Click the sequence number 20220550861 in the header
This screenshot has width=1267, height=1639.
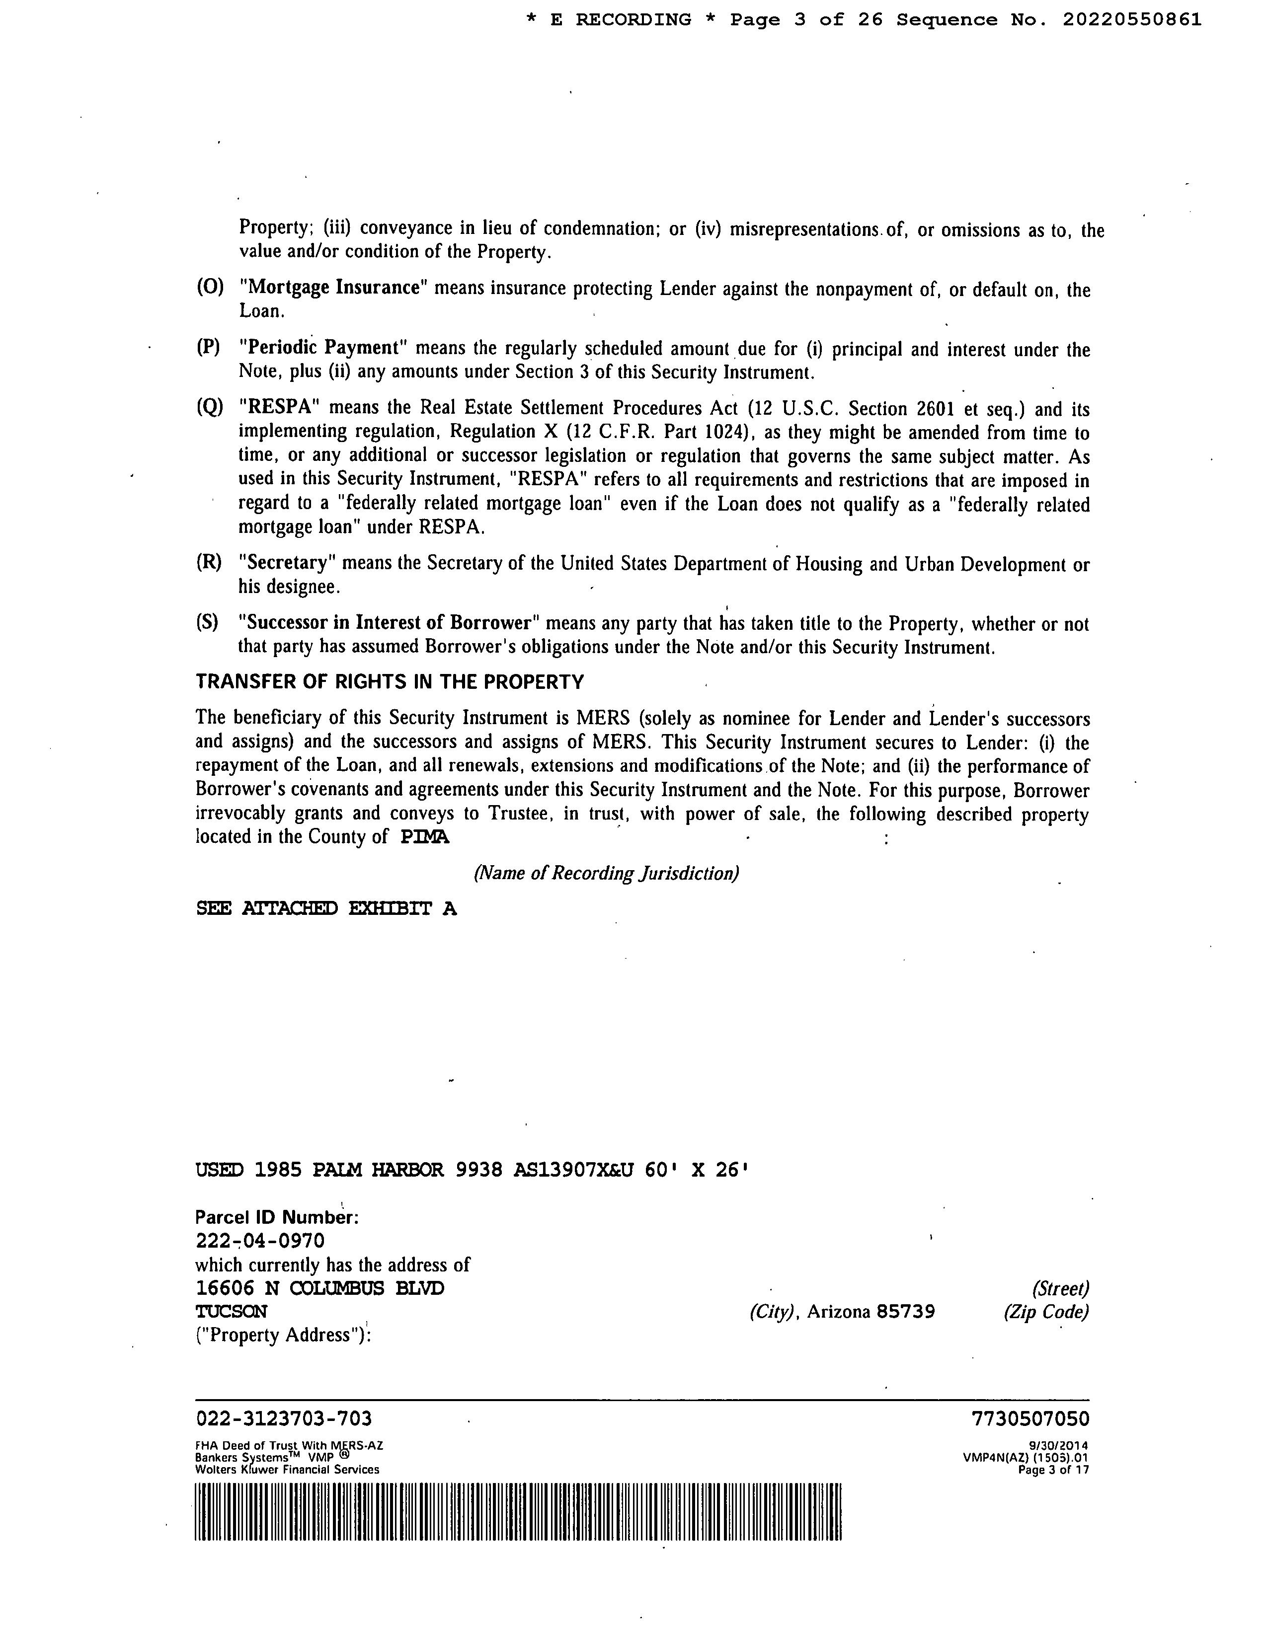click(x=1132, y=20)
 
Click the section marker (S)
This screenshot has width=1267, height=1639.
click(x=207, y=623)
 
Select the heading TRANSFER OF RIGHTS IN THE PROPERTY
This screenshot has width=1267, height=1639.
click(x=390, y=682)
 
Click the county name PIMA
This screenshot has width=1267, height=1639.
click(x=425, y=837)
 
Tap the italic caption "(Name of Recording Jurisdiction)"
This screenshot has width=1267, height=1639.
click(x=606, y=874)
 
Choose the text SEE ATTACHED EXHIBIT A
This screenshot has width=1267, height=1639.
click(x=326, y=909)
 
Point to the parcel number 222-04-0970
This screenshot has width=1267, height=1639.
click(x=260, y=1241)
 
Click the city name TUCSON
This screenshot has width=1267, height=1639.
click(x=231, y=1311)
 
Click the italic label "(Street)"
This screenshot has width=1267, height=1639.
click(x=1061, y=1288)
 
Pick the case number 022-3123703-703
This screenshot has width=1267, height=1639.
click(x=284, y=1418)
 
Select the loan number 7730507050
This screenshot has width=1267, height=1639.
click(x=1030, y=1418)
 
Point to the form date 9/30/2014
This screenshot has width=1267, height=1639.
click(x=1061, y=1445)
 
